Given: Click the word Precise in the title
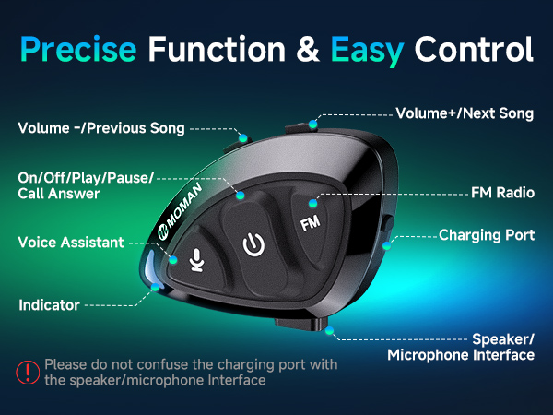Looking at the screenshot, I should tap(79, 48).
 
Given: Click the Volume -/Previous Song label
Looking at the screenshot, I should tap(101, 127).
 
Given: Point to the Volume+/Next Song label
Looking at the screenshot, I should tap(465, 114).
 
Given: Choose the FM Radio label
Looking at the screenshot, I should tap(503, 194).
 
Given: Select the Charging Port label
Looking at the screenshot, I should tap(487, 235).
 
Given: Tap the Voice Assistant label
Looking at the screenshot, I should tap(71, 243).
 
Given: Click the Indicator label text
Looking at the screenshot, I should tap(49, 303).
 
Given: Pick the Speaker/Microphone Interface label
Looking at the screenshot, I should tap(461, 346).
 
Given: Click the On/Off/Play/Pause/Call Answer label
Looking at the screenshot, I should tap(86, 184).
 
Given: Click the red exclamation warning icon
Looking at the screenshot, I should tap(26, 372).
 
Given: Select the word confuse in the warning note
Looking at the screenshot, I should tap(173, 364).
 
